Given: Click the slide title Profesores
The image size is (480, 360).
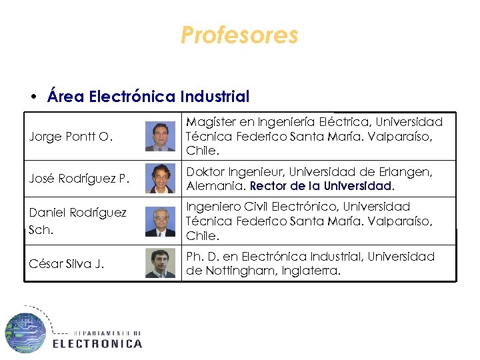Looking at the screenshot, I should (x=239, y=35).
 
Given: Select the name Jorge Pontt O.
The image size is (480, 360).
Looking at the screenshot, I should (x=70, y=137).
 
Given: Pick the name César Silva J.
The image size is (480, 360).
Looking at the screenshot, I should (x=67, y=263).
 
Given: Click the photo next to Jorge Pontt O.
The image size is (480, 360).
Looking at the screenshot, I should (x=160, y=137).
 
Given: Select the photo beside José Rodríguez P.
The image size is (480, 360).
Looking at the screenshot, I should (x=160, y=179).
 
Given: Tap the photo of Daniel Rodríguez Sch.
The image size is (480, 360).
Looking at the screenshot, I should (x=160, y=221).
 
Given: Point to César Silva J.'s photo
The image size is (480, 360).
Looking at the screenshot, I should (x=160, y=263).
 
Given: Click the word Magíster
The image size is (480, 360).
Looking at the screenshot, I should (x=209, y=122).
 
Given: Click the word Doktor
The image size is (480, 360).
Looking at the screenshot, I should (x=205, y=172).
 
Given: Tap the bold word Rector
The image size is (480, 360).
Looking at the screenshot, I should (x=268, y=186).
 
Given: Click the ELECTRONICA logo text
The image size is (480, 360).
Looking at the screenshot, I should (x=97, y=343).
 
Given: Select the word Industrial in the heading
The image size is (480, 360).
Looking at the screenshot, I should (x=215, y=97).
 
